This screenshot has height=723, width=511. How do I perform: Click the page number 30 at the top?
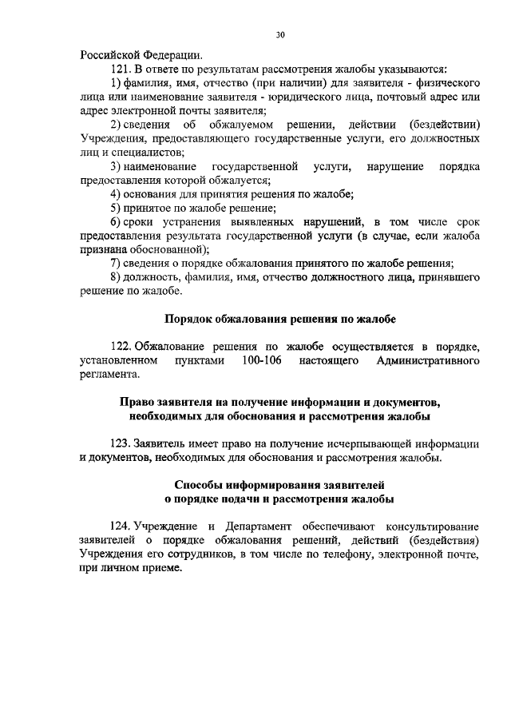[x=279, y=34]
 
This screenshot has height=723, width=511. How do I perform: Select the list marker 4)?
[x=116, y=193]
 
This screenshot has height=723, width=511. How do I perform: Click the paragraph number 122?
[x=121, y=346]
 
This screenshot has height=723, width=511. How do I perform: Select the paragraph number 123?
[x=121, y=443]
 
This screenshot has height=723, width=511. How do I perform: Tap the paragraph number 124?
[x=121, y=526]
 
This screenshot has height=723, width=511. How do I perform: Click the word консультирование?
[x=432, y=526]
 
